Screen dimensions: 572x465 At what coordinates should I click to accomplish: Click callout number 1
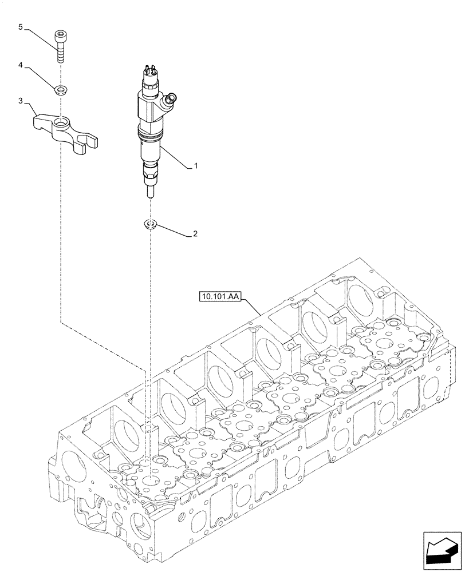point(195,166)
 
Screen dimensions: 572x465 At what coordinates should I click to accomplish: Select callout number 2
point(195,235)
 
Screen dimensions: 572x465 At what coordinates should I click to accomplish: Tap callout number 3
point(21,101)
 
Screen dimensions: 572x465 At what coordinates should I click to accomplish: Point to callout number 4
point(21,66)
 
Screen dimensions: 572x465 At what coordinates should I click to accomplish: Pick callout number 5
point(21,27)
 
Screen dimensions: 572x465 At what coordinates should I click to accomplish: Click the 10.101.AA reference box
point(221,296)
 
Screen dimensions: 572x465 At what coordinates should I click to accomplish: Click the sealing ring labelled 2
point(151,223)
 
